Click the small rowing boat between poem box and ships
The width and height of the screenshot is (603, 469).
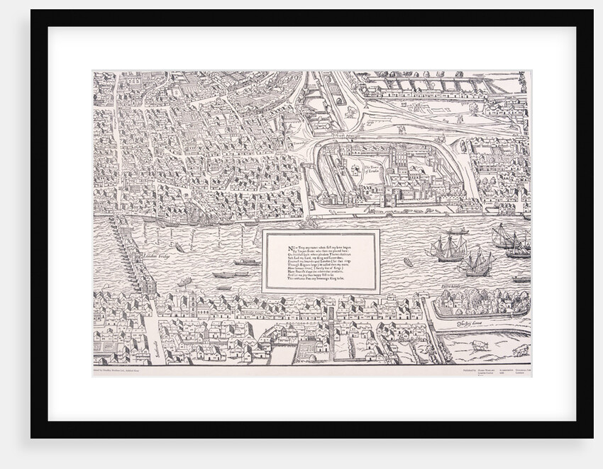pos(409,263)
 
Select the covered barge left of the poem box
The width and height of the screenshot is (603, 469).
pos(246,262)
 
